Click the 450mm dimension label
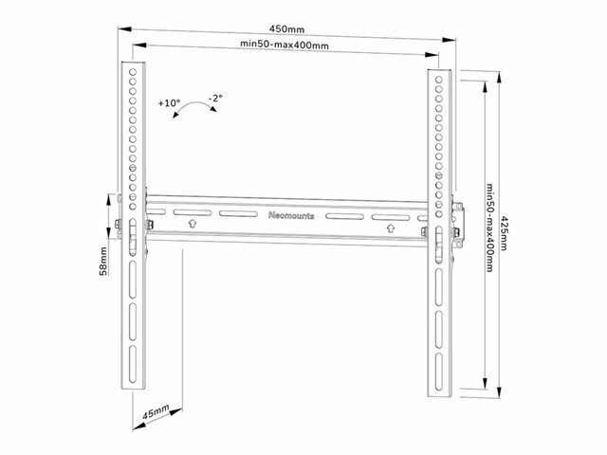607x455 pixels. (286, 29)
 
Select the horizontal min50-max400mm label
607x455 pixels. (285, 45)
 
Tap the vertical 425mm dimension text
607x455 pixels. (504, 233)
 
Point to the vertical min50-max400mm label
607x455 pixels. (489, 227)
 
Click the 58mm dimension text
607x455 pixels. (103, 262)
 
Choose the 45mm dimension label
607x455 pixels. (156, 412)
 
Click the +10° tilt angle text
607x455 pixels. (169, 103)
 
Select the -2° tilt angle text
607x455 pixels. (215, 98)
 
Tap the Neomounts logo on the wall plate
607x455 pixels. (291, 215)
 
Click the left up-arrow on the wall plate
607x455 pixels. (193, 224)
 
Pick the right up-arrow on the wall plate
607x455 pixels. (391, 228)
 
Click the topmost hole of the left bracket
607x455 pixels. (133, 72)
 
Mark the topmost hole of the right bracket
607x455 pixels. (438, 80)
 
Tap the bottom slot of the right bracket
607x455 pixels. (438, 371)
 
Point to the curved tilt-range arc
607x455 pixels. (194, 105)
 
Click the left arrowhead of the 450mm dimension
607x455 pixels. (124, 29)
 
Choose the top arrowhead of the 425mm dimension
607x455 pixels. (500, 78)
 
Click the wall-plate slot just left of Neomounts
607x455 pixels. (238, 213)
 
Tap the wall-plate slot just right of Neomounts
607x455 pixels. (344, 216)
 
